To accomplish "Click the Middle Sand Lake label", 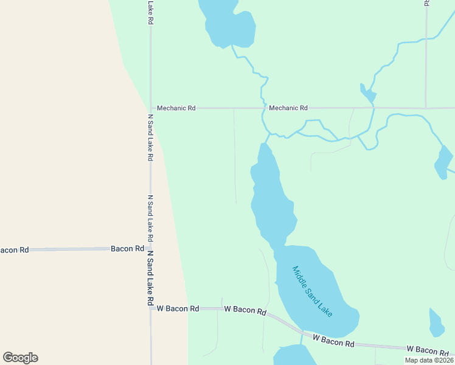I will pos(313,291).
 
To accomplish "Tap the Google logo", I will pos(20,358).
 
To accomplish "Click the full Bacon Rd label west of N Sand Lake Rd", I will pos(127,249).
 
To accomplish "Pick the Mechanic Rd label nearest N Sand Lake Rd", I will pos(176,108).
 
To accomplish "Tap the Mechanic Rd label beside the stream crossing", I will pos(288,108).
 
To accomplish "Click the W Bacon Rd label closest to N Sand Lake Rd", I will pos(178,308).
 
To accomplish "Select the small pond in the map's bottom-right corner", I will pos(436,322).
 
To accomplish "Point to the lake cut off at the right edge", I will pos(443,162).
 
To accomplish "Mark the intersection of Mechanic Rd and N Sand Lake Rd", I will pos(150,108).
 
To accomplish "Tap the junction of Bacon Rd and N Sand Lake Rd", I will pos(150,249).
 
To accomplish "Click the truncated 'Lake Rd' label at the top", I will pos(150,12).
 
